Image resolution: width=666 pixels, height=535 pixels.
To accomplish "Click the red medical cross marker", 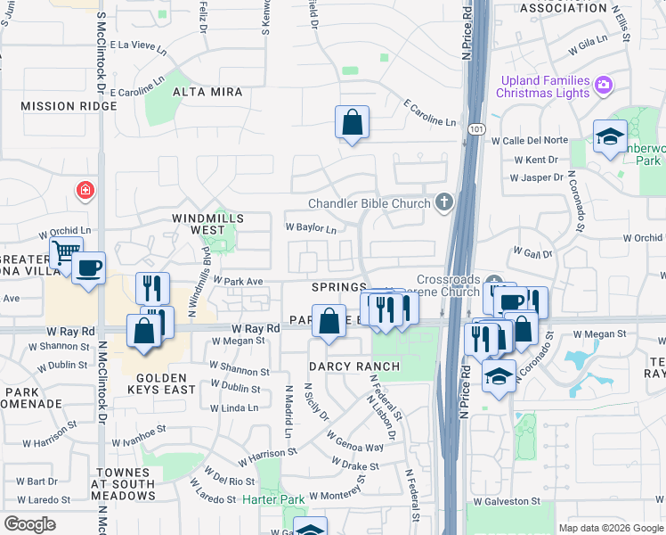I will click(x=85, y=190).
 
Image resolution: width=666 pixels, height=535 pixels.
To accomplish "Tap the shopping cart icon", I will click(x=65, y=253).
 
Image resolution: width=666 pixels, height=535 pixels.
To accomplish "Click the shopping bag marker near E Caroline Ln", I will click(x=352, y=121).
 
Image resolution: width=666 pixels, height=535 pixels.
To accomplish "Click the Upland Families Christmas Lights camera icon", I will click(x=604, y=86).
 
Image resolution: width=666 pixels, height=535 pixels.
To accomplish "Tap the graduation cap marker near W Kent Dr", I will click(x=610, y=136).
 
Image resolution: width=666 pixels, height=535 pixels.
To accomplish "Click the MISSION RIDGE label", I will click(x=69, y=106).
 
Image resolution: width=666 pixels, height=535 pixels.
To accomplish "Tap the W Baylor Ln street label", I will click(x=310, y=228).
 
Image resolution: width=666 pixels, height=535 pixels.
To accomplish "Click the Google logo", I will click(x=29, y=524).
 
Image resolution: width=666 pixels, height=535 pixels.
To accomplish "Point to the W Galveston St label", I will click(x=507, y=501).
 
